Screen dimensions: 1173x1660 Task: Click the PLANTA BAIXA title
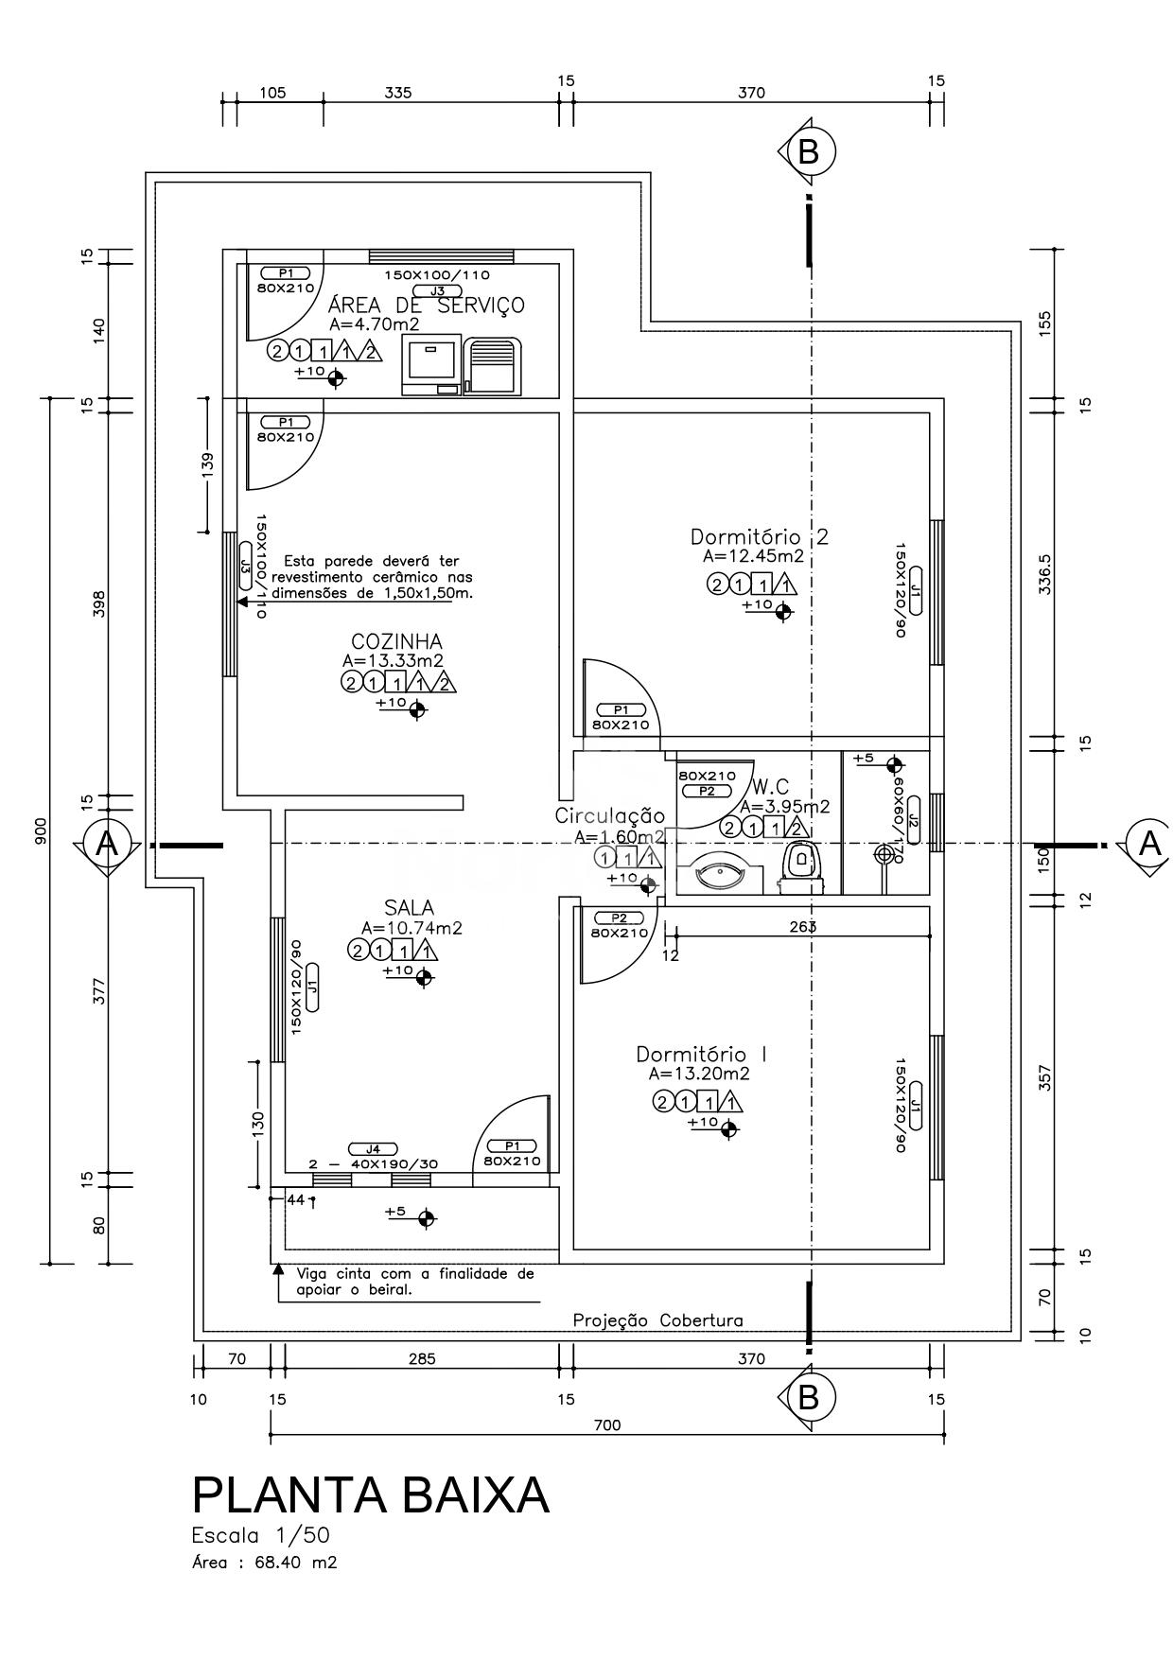tap(370, 1495)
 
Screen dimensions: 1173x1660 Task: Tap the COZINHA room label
tap(396, 642)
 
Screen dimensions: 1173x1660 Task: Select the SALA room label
tap(410, 909)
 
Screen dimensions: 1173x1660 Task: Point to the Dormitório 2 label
tap(759, 537)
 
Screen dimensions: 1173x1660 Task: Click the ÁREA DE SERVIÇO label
tap(426, 305)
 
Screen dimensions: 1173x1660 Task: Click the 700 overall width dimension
tap(607, 1425)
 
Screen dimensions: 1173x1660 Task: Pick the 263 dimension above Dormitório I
tap(803, 927)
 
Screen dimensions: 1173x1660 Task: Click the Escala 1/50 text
tap(261, 1534)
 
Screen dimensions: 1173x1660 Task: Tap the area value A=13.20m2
tap(699, 1074)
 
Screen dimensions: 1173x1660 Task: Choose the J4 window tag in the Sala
tap(373, 1148)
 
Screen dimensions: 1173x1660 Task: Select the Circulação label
tap(610, 815)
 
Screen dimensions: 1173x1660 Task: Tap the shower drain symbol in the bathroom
tap(884, 854)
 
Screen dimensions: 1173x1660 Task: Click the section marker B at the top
tap(808, 151)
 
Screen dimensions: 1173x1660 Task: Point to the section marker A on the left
tap(108, 844)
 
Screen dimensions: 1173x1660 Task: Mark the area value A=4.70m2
tap(375, 323)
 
